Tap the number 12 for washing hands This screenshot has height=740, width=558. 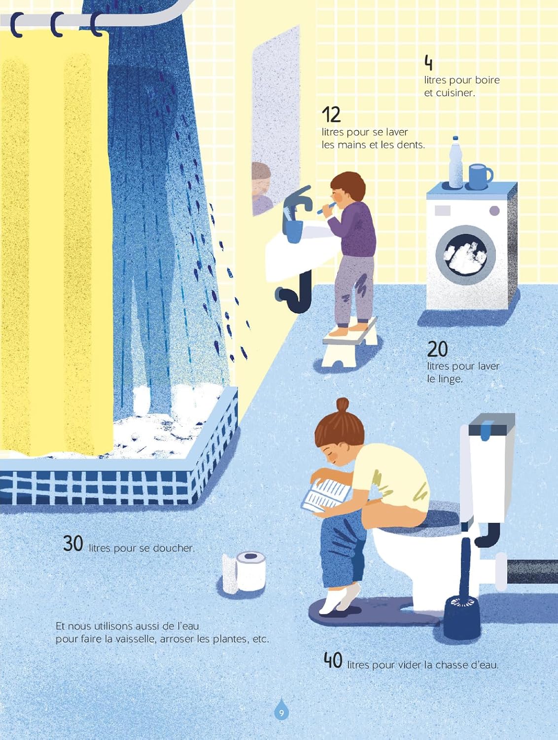click(331, 115)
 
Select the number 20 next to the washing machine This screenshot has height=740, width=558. click(437, 349)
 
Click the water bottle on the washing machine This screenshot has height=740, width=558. click(455, 162)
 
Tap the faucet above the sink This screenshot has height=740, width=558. click(297, 202)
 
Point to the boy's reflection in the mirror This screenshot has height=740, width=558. click(262, 188)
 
